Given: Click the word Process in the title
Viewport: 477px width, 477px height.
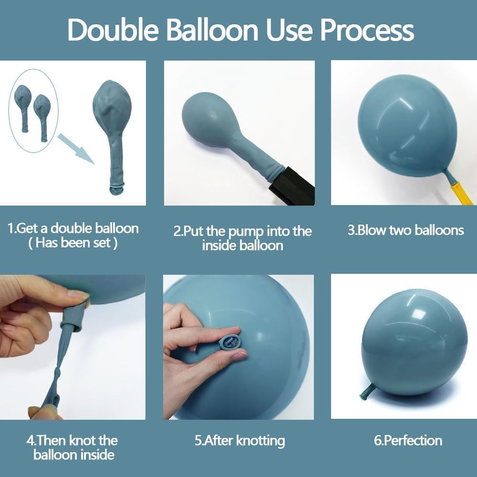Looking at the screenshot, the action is [367, 30].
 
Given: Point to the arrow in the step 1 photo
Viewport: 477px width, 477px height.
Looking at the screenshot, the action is [76, 149].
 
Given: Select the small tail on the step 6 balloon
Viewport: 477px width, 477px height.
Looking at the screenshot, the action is [368, 392].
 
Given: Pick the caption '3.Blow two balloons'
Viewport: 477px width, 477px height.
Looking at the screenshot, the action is [406, 230].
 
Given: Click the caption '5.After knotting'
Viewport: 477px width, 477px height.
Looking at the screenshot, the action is [240, 441].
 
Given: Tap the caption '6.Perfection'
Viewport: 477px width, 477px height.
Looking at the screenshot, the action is [408, 441].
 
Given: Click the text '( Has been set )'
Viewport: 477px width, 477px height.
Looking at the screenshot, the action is [73, 243].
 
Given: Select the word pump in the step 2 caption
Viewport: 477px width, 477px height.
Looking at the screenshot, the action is [246, 232].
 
